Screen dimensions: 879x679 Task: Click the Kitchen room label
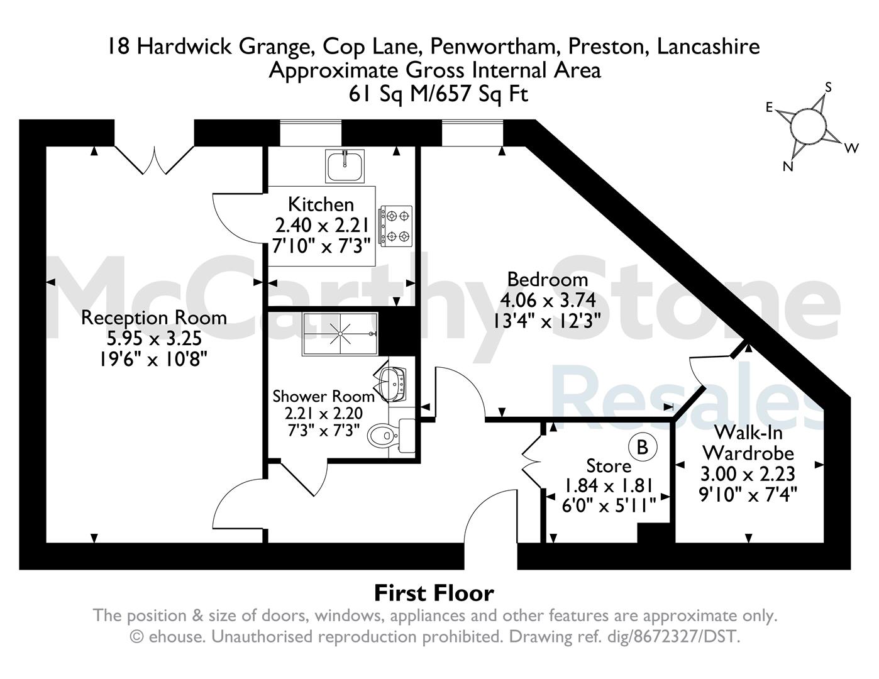point(321,204)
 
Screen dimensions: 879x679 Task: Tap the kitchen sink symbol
point(345,166)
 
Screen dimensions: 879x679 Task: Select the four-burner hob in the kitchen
point(395,226)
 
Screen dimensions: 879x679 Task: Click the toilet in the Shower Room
point(391,436)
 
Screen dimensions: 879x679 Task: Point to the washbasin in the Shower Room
point(393,384)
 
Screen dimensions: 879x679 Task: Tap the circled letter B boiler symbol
point(643,447)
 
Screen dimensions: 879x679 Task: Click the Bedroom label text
point(548,279)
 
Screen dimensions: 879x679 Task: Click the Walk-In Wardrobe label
point(748,443)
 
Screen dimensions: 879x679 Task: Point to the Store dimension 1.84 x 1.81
point(609,485)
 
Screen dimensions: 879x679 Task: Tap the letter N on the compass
point(788,166)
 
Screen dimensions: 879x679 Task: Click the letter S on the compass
point(828,87)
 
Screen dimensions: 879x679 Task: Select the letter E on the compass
point(770,108)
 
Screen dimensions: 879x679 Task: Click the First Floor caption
point(434,593)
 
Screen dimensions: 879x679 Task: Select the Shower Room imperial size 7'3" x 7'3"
point(324,430)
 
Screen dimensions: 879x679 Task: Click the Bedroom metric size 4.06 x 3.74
point(548,300)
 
